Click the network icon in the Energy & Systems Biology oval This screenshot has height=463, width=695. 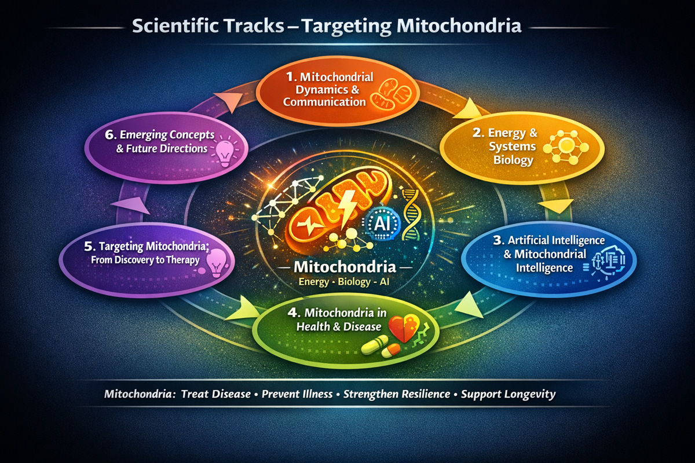coord(565,149)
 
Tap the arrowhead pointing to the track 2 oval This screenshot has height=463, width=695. coord(475,107)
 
